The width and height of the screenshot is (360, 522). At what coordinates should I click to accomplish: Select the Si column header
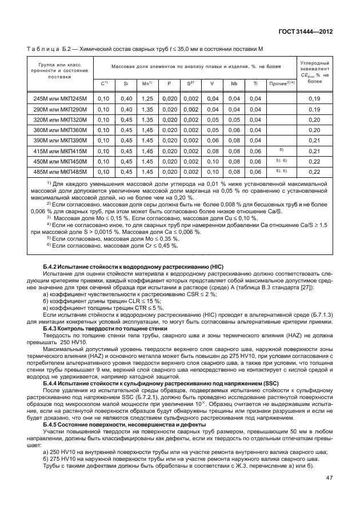click(125, 83)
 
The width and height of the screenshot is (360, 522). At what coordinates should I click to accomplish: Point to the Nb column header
click(234, 83)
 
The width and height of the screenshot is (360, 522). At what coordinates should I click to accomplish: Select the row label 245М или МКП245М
click(60, 99)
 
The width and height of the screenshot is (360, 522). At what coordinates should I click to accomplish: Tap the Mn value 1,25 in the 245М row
click(147, 99)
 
